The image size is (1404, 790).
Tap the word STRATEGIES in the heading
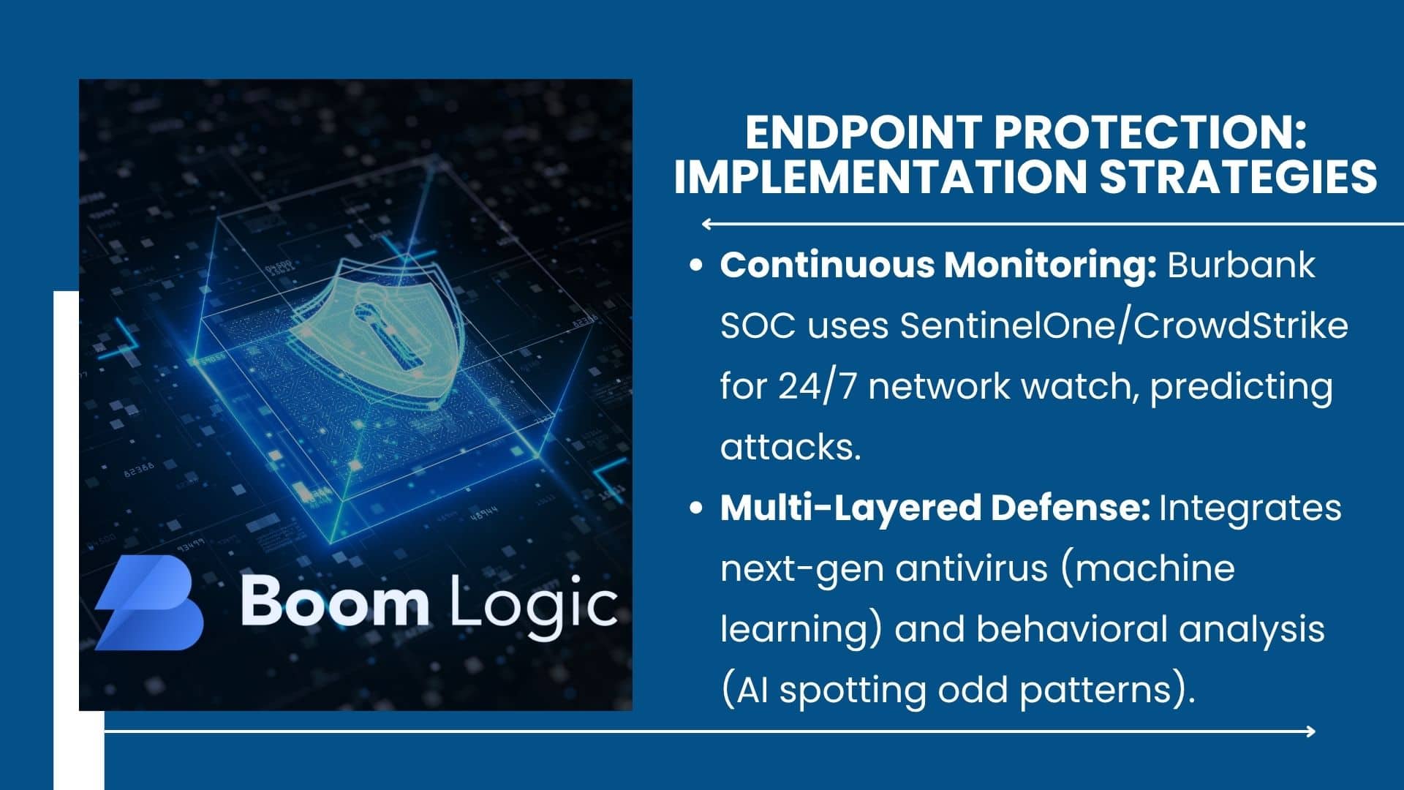click(1238, 176)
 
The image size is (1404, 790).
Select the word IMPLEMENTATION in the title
click(881, 176)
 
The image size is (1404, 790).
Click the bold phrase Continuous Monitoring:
click(938, 265)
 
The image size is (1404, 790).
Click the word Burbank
click(1242, 265)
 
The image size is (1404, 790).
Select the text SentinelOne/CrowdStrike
click(1124, 326)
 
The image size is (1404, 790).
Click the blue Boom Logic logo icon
click(149, 602)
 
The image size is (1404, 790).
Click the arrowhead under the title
click(707, 224)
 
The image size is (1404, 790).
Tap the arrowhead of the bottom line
click(1310, 731)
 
